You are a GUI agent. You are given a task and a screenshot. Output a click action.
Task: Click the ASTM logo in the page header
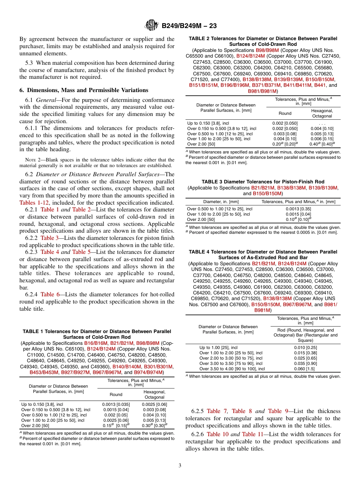pos(152,26)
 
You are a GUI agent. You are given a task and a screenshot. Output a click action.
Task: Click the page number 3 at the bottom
pos(180,465)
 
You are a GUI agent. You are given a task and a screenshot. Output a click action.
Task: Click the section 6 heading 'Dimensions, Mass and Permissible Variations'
pos(84,90)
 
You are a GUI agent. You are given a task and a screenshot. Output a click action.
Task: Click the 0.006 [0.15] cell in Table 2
pos(322,139)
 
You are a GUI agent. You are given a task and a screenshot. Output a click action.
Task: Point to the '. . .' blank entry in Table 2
pos(322,123)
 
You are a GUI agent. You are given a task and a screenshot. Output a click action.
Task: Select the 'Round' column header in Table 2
pos(285,113)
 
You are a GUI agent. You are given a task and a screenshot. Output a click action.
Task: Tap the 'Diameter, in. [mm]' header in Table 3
pos(221,202)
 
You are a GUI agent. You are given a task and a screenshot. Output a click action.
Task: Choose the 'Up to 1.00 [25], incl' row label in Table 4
pos(219,347)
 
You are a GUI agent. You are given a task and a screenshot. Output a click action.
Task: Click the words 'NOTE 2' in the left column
pos(32,160)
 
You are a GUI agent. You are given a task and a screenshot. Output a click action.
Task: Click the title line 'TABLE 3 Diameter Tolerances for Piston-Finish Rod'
pos(263,182)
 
